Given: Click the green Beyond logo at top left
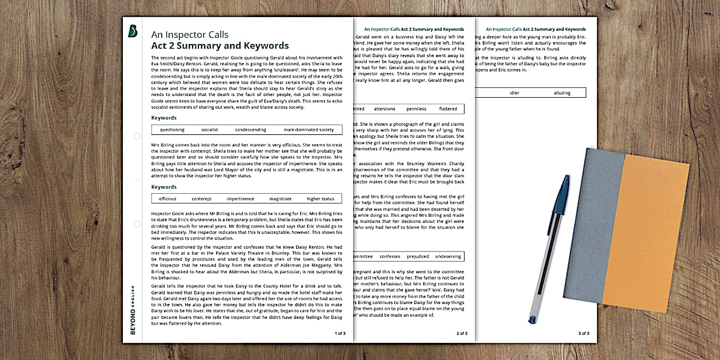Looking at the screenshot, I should (133, 31).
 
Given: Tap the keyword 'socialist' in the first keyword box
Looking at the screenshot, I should (210, 130).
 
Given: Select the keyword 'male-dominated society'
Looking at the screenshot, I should (309, 130).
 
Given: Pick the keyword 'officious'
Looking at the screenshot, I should (167, 199).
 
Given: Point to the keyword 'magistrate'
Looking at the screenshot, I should (281, 199).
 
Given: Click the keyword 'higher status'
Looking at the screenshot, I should (321, 199).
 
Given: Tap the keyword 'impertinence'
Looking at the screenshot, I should (241, 199).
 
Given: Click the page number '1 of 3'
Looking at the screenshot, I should (339, 333).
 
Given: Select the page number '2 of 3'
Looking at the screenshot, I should (462, 333).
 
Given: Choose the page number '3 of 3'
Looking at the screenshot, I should (583, 333).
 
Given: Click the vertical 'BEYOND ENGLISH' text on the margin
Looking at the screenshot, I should (133, 309).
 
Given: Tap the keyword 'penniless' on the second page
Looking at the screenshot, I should (416, 109).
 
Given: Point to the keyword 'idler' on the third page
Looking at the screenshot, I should (514, 93).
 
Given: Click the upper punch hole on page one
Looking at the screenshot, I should (137, 136).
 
